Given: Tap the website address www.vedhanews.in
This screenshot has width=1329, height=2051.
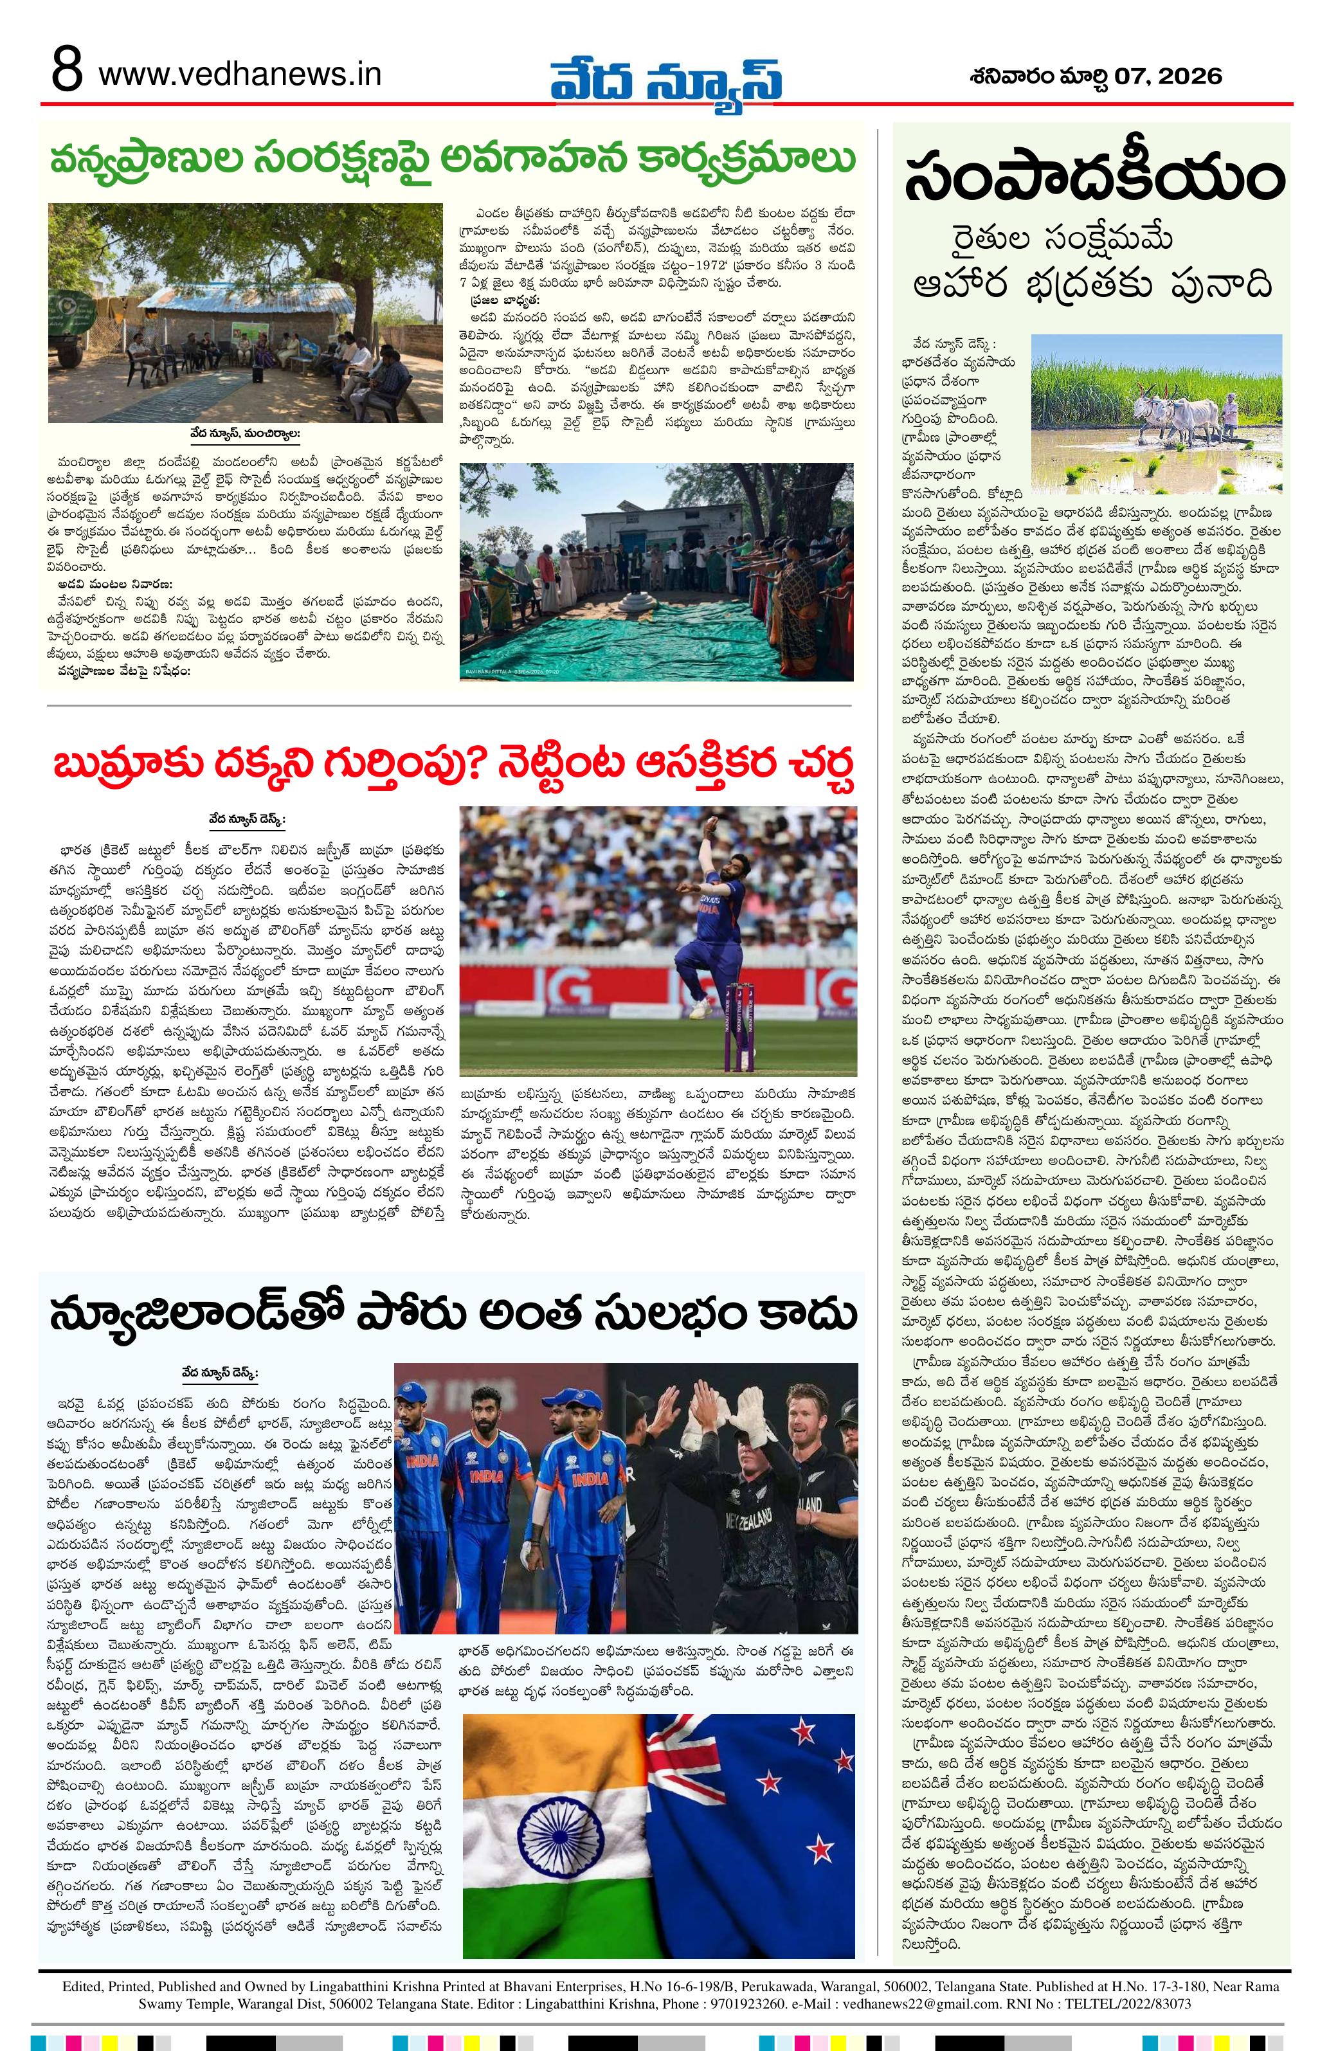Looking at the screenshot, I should (x=240, y=75).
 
